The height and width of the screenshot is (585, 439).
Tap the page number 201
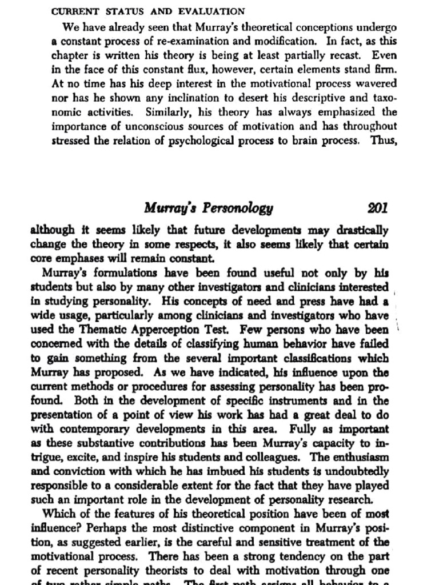[x=378, y=208]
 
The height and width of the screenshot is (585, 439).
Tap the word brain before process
[x=295, y=140]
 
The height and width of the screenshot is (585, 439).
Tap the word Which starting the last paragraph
[x=59, y=514]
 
